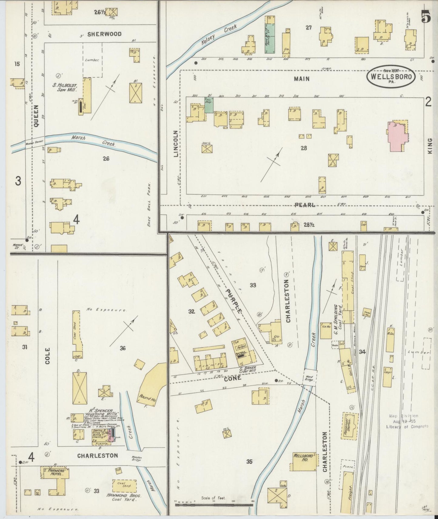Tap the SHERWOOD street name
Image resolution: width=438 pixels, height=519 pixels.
(104, 34)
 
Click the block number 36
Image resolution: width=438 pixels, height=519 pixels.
(122, 348)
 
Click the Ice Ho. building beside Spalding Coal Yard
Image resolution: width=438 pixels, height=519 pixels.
(326, 330)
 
